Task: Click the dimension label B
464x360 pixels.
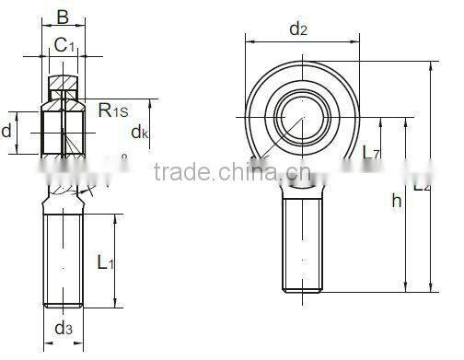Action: click(x=63, y=16)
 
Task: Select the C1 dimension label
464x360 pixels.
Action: click(x=64, y=43)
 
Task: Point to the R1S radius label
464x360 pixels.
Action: click(x=113, y=110)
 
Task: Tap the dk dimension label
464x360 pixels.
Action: click(x=140, y=133)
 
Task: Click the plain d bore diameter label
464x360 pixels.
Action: click(x=7, y=131)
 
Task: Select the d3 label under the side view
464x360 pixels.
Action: click(x=64, y=329)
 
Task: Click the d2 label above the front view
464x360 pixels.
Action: click(x=298, y=29)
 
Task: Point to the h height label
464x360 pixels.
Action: click(x=397, y=202)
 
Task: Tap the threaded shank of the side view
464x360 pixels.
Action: click(x=64, y=258)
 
